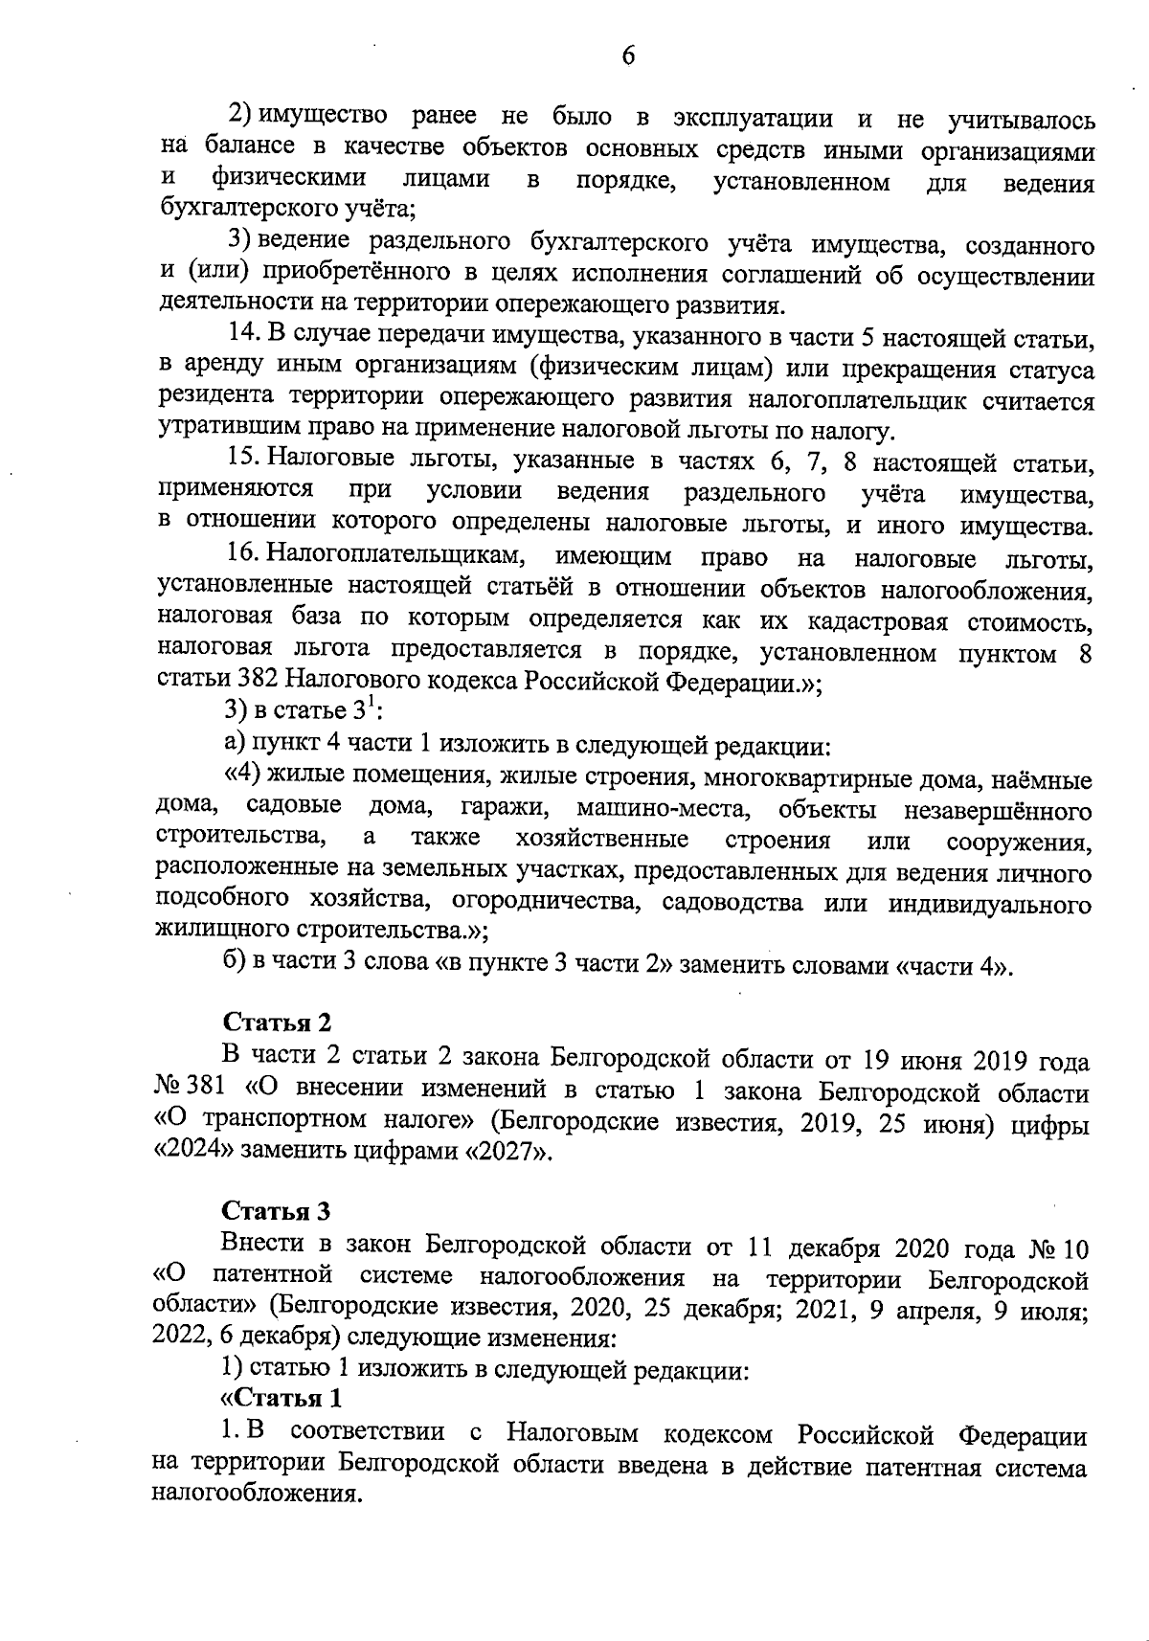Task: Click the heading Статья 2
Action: [278, 1023]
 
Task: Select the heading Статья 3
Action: [278, 1211]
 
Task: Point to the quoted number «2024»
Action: [188, 1152]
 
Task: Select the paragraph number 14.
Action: [241, 337]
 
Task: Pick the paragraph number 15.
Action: [241, 461]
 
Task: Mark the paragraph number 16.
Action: [241, 555]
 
